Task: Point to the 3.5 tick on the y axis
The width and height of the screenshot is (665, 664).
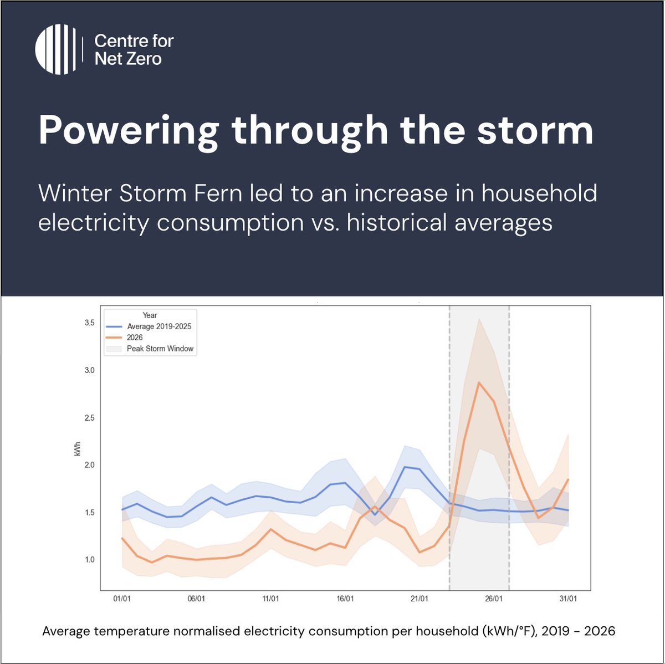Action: (89, 323)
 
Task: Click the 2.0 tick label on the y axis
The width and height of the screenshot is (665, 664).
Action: (89, 464)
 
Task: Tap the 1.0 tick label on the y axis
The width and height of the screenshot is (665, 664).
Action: (89, 559)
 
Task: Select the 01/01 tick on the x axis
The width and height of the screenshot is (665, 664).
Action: (122, 599)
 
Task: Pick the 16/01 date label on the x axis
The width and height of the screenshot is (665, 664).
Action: (345, 599)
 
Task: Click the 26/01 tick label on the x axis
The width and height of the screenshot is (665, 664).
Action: (494, 599)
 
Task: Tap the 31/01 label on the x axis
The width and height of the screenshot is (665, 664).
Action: (568, 599)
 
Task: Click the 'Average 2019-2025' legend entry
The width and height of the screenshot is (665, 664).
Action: (159, 326)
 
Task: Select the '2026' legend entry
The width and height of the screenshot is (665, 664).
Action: (135, 338)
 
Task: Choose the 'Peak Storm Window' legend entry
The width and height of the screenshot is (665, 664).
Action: (160, 349)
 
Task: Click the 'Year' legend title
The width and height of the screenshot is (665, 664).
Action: (150, 315)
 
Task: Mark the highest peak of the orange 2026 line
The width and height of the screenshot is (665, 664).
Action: (479, 382)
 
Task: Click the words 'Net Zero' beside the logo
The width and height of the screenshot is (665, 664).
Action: (128, 59)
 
